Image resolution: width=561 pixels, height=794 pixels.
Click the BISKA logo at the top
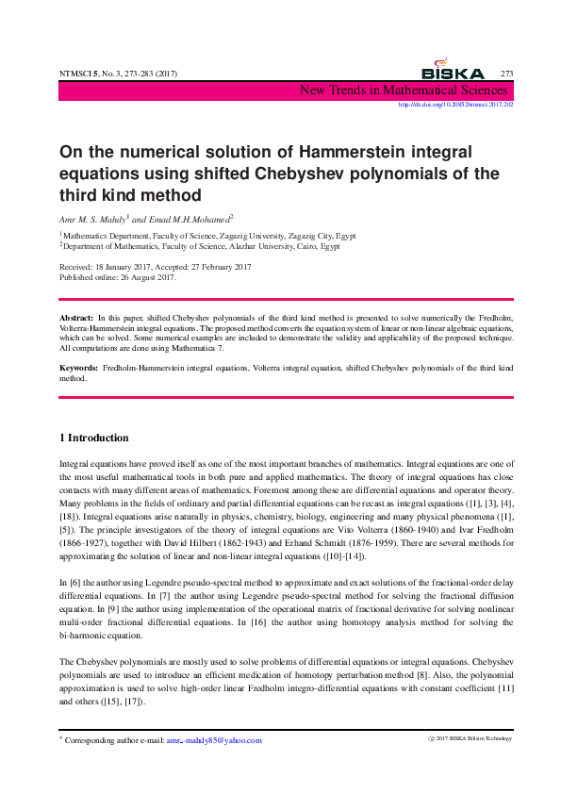pos(453,71)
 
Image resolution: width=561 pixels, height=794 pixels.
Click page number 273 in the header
pos(506,74)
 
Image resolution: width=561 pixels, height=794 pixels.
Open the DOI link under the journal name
pos(456,105)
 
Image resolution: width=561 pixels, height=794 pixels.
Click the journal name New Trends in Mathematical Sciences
pos(404,91)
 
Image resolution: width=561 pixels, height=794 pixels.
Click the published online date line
pos(117,277)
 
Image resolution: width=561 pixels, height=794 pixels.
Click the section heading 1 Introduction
pos(93,438)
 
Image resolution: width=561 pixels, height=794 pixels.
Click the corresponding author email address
pos(214,740)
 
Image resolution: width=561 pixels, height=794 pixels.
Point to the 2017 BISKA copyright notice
pos(470,738)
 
